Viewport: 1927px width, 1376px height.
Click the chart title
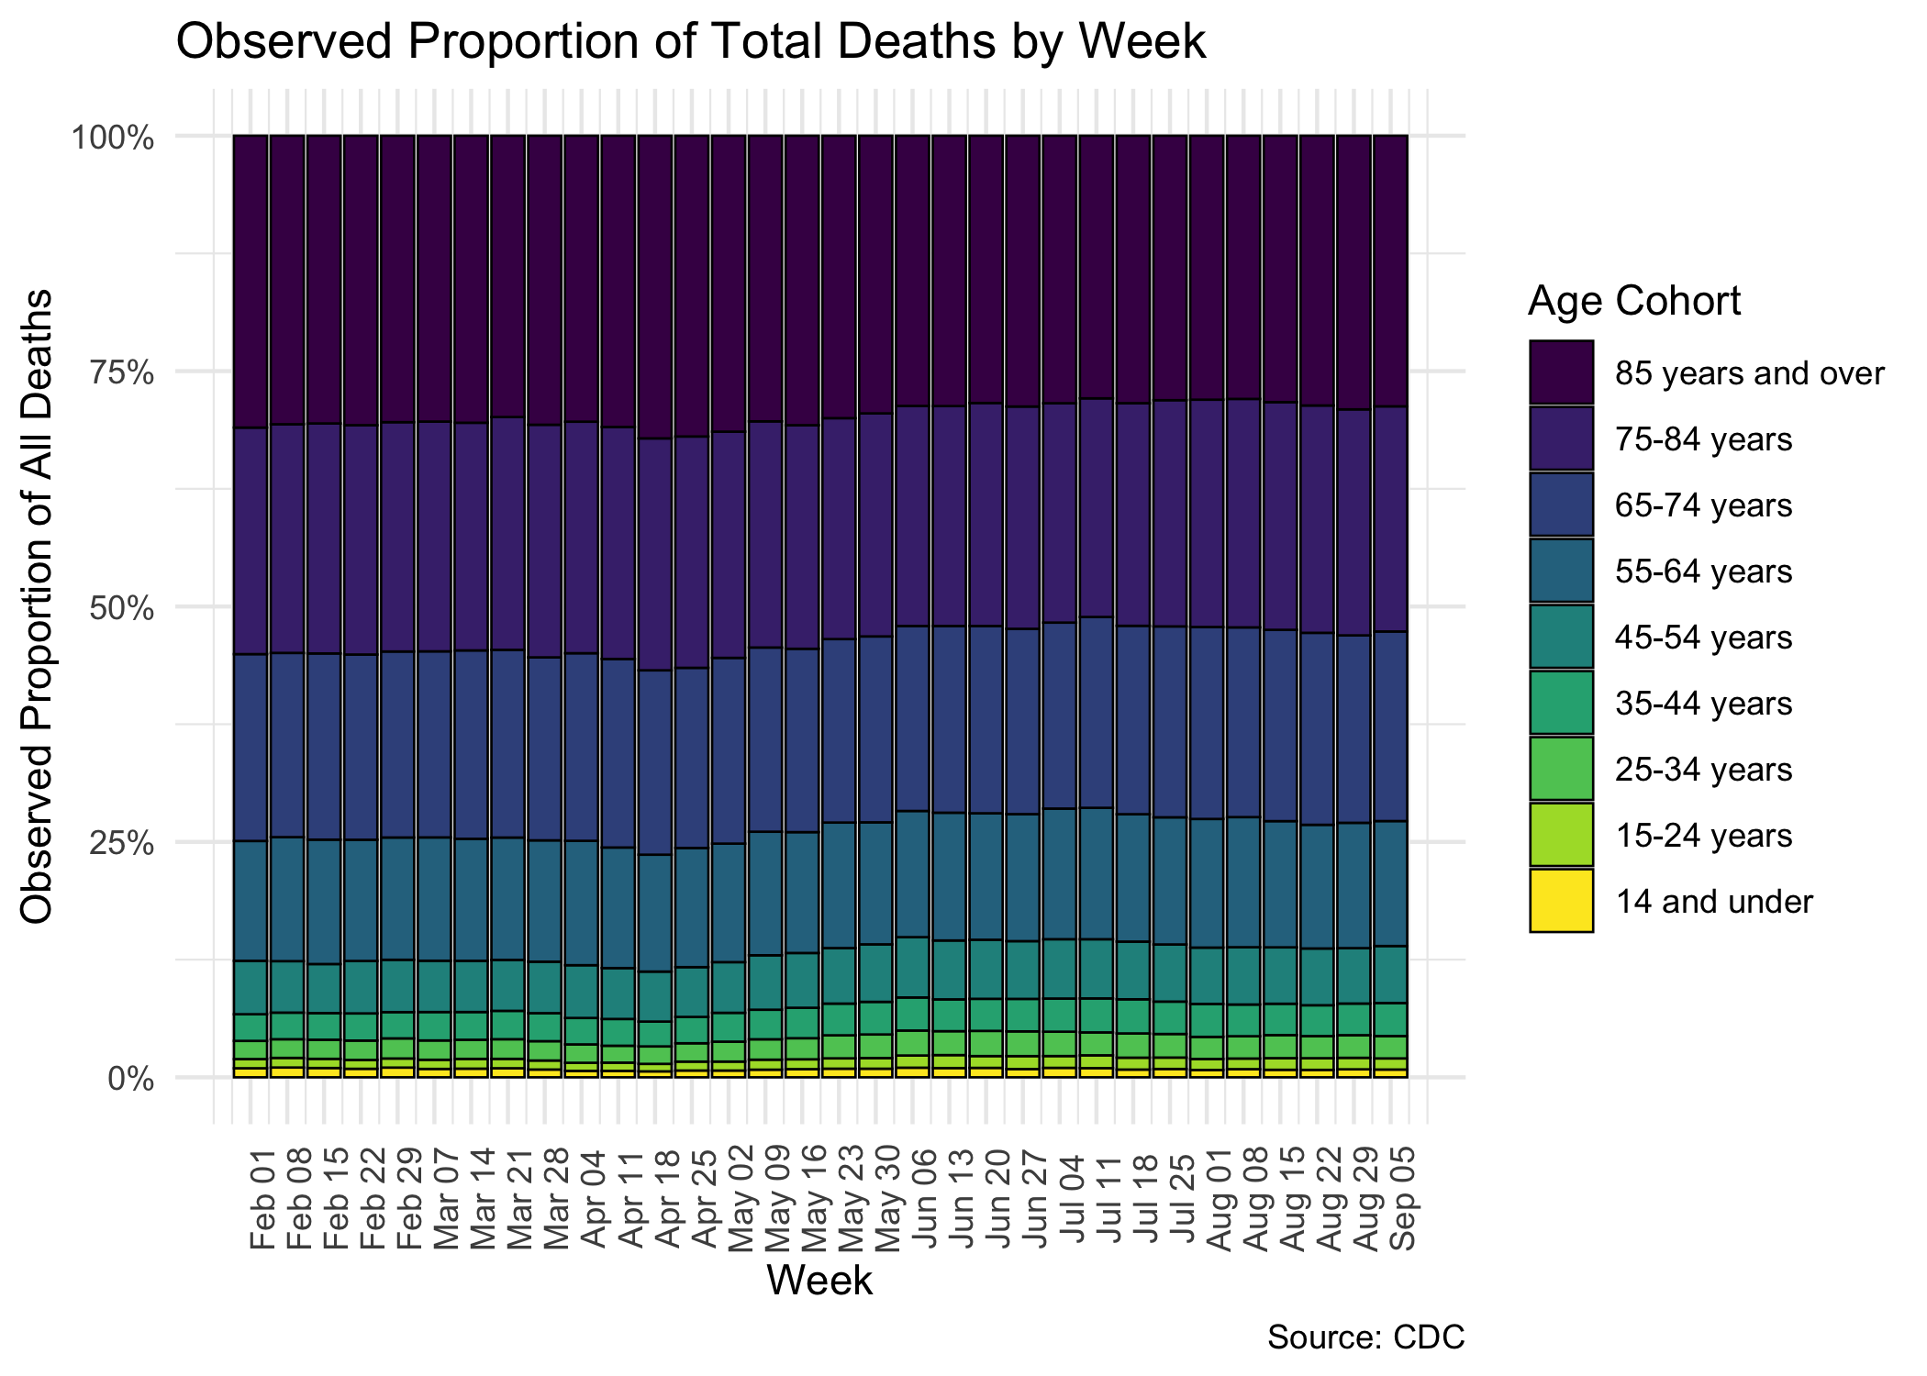click(x=690, y=42)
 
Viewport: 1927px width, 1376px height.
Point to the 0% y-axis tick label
click(x=129, y=1078)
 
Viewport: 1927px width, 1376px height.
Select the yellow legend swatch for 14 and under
click(x=1561, y=901)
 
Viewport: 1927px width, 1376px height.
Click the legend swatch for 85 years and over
click(x=1561, y=372)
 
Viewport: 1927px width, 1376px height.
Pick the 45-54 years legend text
click(x=1703, y=638)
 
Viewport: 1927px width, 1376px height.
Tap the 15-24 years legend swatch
click(x=1561, y=835)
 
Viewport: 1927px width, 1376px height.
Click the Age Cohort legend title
click(x=1633, y=301)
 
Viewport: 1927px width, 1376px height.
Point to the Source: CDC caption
click(x=1365, y=1337)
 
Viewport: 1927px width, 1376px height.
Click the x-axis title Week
click(x=819, y=1280)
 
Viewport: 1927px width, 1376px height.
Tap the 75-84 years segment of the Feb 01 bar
click(x=251, y=541)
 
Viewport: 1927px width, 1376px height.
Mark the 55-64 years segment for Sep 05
click(x=1390, y=882)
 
